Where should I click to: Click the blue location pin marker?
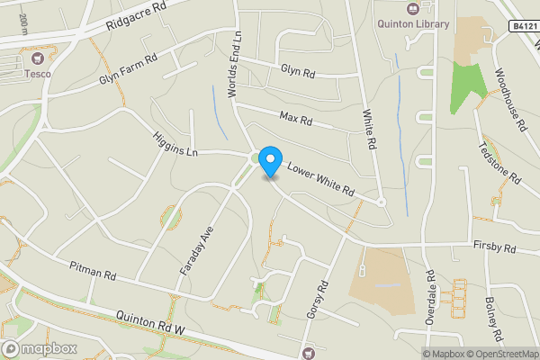(x=270, y=161)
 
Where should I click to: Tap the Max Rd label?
(x=295, y=118)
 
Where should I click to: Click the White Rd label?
(x=368, y=129)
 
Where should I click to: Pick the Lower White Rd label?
(x=321, y=181)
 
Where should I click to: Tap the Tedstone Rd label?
(x=499, y=163)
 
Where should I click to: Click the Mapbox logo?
(x=38, y=348)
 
